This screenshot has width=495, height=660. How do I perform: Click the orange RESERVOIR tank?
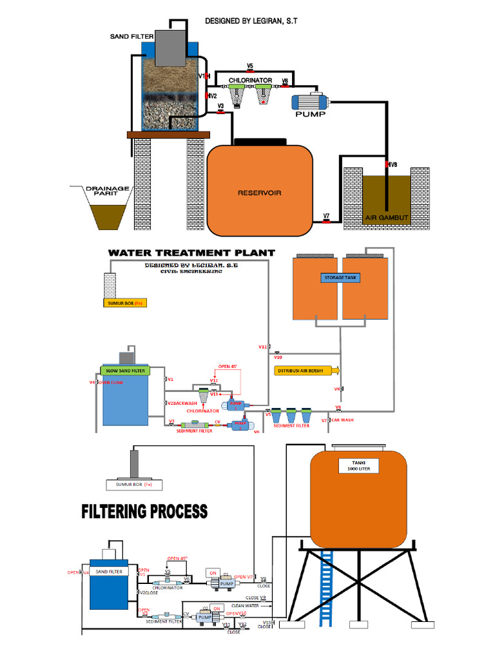260,191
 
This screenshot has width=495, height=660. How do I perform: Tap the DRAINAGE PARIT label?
108,190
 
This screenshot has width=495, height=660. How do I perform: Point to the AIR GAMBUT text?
387,217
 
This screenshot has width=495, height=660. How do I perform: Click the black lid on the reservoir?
260,141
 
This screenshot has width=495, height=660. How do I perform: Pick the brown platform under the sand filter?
169,135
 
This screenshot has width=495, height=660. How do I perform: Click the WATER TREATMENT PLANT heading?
191,253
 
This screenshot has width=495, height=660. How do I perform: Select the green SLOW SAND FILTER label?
124,371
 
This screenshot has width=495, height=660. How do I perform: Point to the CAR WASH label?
343,420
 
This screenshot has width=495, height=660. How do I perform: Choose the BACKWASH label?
184,403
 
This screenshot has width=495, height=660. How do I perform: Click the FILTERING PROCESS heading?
144,512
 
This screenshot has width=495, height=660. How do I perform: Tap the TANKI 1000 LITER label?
358,466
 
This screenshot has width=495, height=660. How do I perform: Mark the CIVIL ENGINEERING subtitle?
192,273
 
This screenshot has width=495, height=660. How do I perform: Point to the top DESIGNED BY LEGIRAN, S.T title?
251,21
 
